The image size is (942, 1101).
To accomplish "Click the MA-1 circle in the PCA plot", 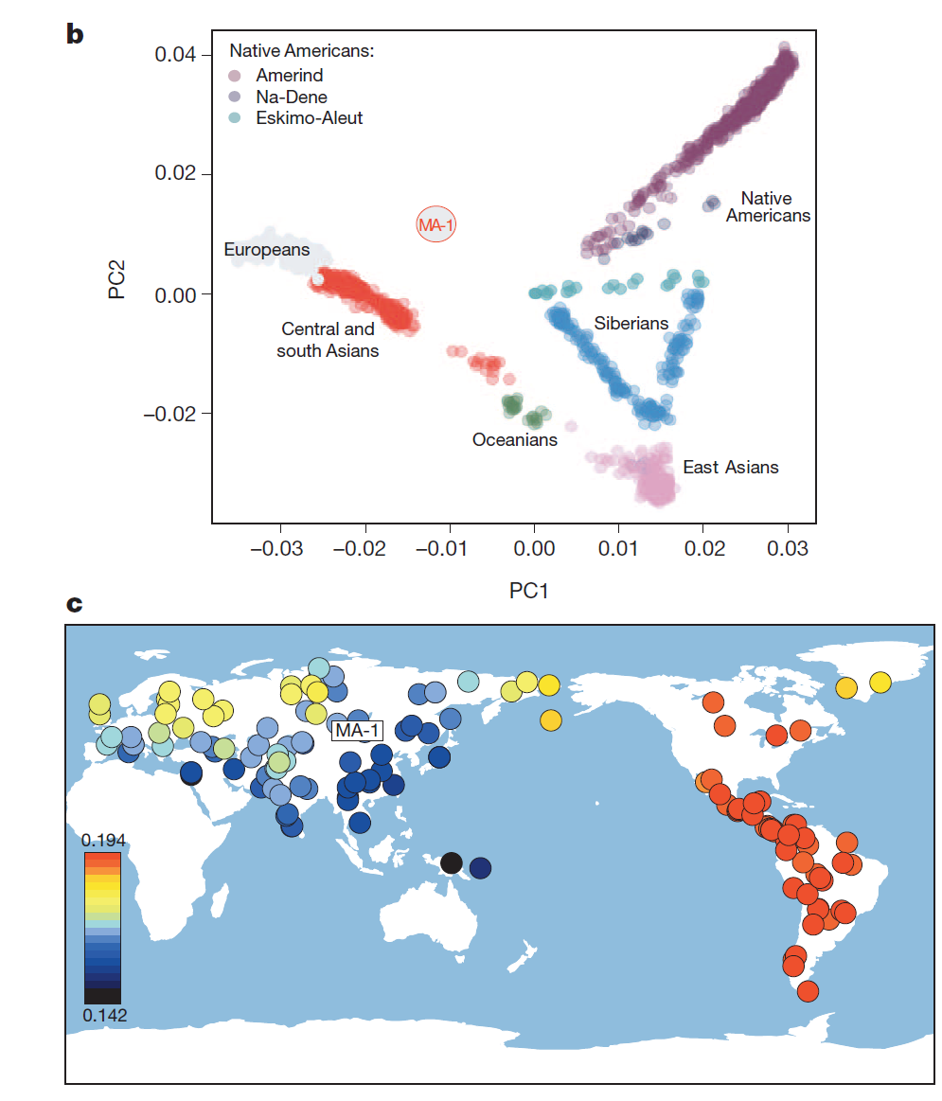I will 436,224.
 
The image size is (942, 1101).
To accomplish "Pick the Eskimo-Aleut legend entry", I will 309,118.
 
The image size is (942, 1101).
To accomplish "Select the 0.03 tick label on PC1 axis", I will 788,550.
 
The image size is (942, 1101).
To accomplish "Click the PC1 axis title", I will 529,591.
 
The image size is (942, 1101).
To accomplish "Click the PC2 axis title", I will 118,274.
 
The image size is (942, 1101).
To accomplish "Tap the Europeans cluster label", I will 266,250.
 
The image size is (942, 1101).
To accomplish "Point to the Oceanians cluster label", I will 515,440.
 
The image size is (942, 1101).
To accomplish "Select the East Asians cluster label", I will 730,467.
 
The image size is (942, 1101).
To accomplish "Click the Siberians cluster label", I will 631,324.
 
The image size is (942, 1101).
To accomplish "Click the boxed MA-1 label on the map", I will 356,729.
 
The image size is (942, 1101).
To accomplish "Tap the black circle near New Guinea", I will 452,862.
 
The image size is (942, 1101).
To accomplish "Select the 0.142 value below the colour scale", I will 102,1015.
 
